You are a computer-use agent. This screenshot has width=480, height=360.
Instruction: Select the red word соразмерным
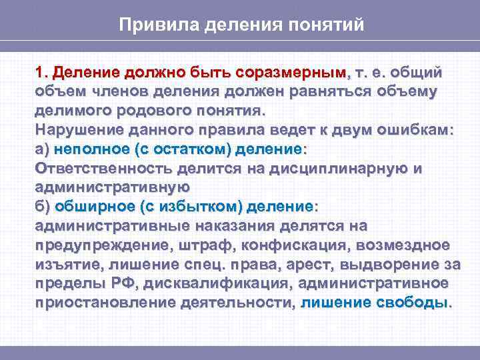point(297,71)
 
